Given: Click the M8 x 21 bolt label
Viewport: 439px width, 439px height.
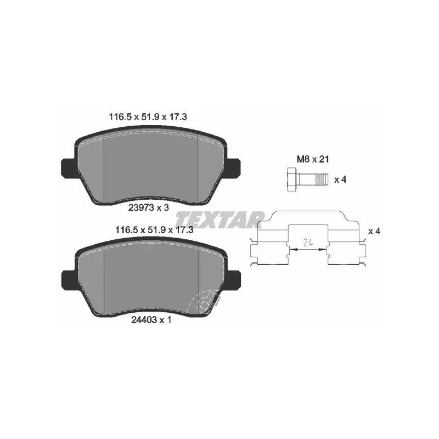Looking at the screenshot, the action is pyautogui.click(x=313, y=159).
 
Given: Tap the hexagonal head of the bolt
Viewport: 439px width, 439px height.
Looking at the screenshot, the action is pyautogui.click(x=292, y=179).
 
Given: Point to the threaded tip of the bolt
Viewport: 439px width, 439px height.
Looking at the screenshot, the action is pyautogui.click(x=322, y=179).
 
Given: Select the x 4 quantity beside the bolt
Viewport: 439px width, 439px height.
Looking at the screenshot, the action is pyautogui.click(x=340, y=179).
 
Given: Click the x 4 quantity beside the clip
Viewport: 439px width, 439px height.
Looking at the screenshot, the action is pyautogui.click(x=374, y=231).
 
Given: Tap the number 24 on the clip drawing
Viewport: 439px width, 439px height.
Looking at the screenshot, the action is pyautogui.click(x=308, y=243).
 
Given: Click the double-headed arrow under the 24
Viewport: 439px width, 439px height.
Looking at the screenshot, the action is pyautogui.click(x=308, y=250).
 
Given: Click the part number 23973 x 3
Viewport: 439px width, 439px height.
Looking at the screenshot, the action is pyautogui.click(x=149, y=207).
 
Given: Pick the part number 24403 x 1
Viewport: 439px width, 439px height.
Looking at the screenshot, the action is pyautogui.click(x=151, y=320).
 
